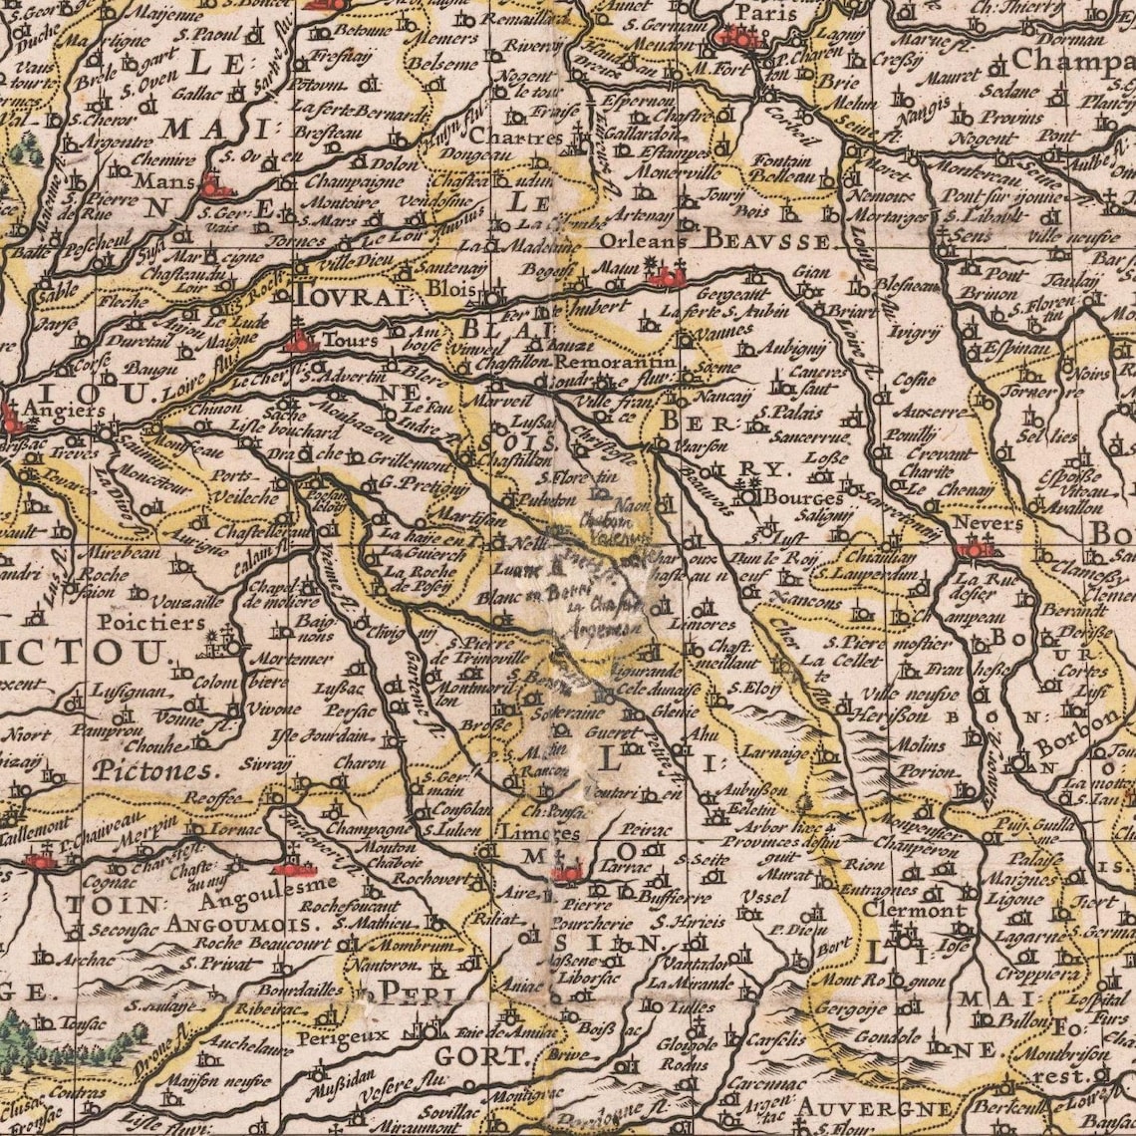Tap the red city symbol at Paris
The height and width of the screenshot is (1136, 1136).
[737, 38]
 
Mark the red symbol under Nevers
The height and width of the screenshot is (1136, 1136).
[975, 548]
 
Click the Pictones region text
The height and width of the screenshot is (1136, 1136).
[153, 770]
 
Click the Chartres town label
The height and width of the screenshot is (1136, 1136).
[504, 136]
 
